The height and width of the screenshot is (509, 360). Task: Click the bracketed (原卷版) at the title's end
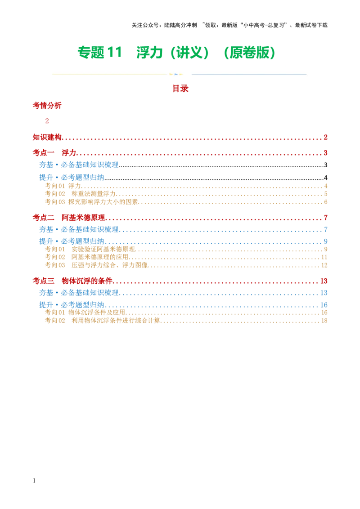tap(249, 53)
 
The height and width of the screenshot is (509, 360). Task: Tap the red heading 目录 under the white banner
tap(181, 89)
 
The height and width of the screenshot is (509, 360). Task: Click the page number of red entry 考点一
tap(325, 152)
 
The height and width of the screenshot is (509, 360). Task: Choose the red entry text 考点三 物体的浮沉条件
tap(72, 281)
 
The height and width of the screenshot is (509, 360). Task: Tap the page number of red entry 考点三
tap(324, 281)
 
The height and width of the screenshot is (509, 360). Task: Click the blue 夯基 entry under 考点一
tap(79, 165)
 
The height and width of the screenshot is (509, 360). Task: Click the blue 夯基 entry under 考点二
tap(79, 230)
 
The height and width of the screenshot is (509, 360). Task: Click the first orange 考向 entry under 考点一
tap(63, 185)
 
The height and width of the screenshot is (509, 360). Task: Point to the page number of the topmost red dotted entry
tap(325, 137)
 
